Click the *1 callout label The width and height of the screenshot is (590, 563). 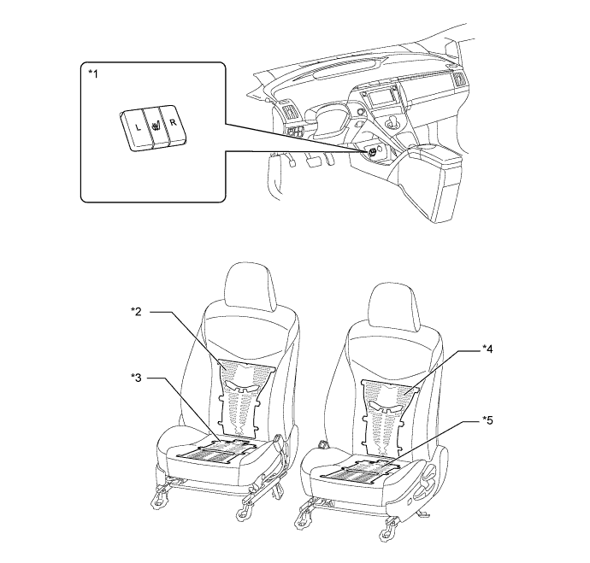(92, 74)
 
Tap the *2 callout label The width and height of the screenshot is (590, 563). (136, 311)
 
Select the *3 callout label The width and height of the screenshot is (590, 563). (136, 378)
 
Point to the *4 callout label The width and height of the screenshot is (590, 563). (487, 349)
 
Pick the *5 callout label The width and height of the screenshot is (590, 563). (487, 420)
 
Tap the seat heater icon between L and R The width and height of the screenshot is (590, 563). (156, 126)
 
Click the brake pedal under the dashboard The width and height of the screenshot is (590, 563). (313, 161)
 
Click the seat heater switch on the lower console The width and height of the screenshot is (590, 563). (373, 150)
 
